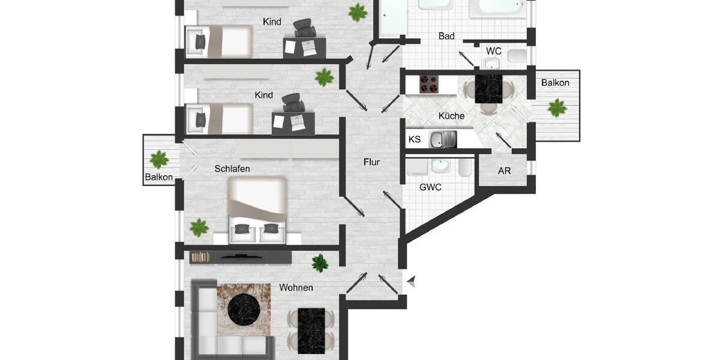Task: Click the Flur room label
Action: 371,162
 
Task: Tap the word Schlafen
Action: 232,169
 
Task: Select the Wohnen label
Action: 296,288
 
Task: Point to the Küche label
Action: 451,116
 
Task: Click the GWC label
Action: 430,187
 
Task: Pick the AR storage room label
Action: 505,171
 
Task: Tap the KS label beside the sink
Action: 415,140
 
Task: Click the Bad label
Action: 446,37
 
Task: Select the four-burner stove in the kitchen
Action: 428,83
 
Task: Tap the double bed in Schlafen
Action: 257,210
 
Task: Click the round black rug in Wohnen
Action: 244,310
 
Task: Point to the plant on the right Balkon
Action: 557,109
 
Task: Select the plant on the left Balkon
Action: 160,160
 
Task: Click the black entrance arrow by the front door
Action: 412,280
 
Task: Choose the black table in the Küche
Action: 488,89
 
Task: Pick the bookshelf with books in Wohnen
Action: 200,257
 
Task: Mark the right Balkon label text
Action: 555,83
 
